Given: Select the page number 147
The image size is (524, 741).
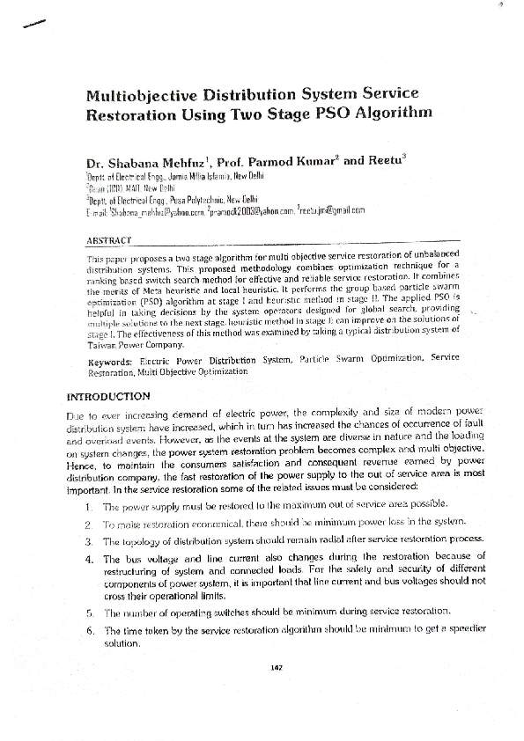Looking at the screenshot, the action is click(276, 666).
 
